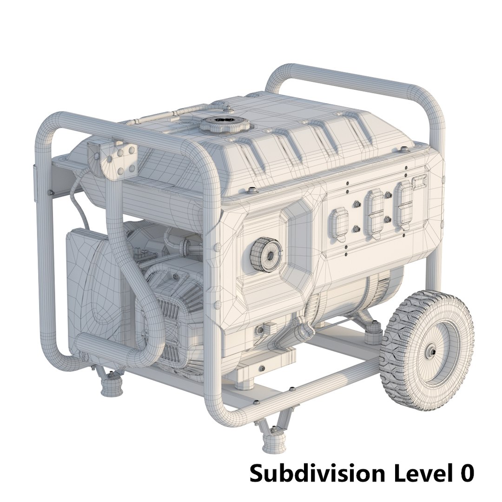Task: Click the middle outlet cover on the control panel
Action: (x=375, y=213)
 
